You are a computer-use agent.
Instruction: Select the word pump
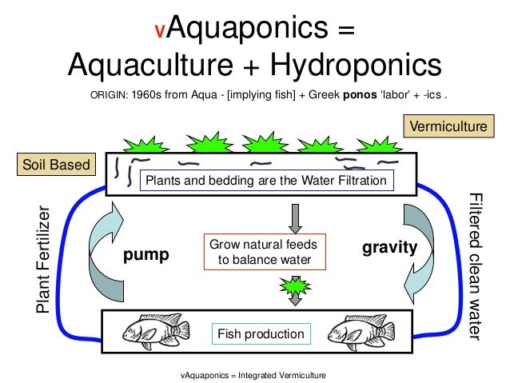click(x=147, y=255)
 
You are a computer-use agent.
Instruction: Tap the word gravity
click(x=390, y=248)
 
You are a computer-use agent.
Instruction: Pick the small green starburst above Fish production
click(x=296, y=285)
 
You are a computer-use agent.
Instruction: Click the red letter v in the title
click(x=161, y=32)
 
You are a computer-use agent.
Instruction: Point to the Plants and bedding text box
click(x=265, y=181)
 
